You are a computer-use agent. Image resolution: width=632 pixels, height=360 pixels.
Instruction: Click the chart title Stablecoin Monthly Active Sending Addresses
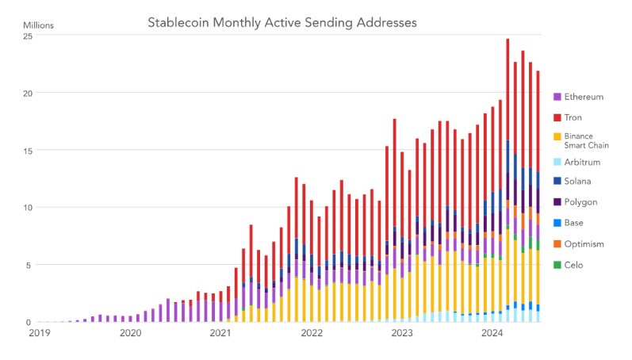point(282,21)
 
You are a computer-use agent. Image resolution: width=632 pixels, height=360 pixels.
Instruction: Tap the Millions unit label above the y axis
point(41,25)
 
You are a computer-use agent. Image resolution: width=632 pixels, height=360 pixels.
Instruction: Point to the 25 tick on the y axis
point(27,36)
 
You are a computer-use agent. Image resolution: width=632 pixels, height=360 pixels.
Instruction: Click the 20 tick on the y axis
point(27,93)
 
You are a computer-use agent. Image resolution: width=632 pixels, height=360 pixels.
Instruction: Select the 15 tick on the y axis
point(27,150)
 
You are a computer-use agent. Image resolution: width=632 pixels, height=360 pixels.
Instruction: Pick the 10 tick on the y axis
point(27,208)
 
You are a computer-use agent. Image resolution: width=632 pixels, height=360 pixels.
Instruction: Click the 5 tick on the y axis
point(29,265)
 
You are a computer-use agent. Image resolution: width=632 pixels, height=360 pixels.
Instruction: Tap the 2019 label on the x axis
point(39,334)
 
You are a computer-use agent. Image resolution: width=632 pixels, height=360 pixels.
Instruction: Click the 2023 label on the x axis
point(402,334)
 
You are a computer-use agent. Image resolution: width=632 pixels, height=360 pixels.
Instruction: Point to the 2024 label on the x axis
point(493,334)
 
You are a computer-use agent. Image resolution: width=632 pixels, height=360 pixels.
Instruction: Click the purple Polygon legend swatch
point(557,202)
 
